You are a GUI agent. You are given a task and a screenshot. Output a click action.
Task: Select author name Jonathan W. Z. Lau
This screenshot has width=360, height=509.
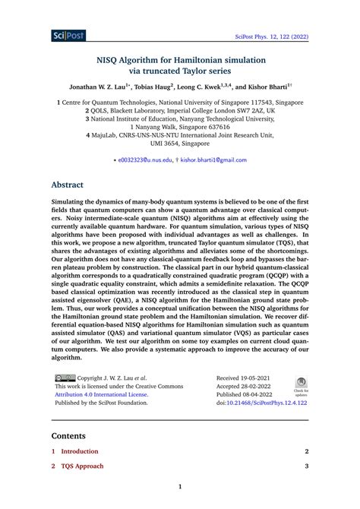pyautogui.click(x=101, y=87)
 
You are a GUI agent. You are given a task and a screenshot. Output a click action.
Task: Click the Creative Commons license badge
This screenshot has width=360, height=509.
pyautogui.click(x=64, y=378)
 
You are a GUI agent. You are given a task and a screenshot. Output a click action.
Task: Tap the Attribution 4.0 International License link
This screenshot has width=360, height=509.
pyautogui.click(x=100, y=394)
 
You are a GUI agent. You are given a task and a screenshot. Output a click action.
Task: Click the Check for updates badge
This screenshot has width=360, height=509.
pyautogui.click(x=301, y=386)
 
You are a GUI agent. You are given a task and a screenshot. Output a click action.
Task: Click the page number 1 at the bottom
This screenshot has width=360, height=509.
pyautogui.click(x=180, y=487)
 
